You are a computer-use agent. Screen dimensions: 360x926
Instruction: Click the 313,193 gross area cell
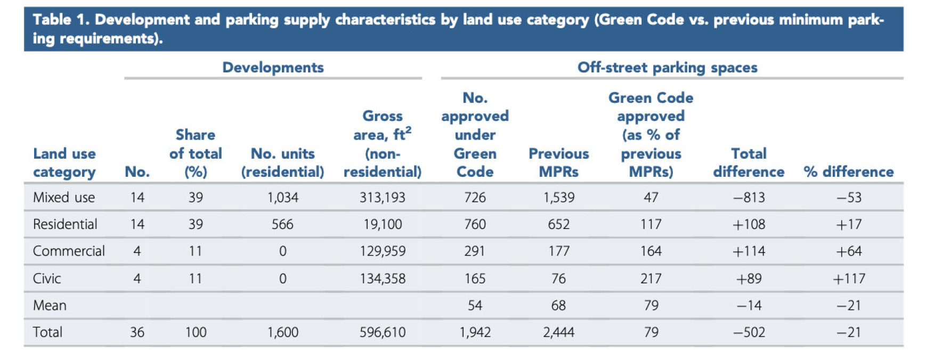(x=382, y=198)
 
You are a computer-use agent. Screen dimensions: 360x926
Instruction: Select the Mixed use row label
(x=64, y=198)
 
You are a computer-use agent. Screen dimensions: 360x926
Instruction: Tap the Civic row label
(x=47, y=279)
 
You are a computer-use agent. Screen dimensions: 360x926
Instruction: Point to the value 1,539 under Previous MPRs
(x=558, y=198)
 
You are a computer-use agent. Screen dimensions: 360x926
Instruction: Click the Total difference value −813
(x=749, y=198)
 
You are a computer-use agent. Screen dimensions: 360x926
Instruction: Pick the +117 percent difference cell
(x=849, y=279)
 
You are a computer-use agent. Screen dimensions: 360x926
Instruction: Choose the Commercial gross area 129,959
(x=382, y=251)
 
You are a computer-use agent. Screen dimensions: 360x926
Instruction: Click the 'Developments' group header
(x=273, y=68)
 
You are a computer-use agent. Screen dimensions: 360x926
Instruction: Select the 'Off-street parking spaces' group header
(x=667, y=68)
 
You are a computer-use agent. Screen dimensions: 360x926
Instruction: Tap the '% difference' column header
(x=849, y=171)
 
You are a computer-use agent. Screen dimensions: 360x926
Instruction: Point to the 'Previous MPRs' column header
(x=558, y=162)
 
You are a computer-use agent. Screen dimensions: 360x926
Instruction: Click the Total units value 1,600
(x=282, y=332)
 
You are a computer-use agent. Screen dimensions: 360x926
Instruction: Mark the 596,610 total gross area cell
(x=382, y=332)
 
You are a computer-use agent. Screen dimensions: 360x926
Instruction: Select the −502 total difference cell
(x=749, y=332)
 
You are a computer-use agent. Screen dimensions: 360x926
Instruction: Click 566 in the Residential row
(x=282, y=224)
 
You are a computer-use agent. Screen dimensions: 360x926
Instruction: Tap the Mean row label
(x=50, y=306)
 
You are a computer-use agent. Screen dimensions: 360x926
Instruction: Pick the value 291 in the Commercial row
(x=474, y=251)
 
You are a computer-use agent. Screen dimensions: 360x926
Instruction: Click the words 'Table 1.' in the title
(x=61, y=20)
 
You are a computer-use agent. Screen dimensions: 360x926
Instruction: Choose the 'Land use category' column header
(x=64, y=162)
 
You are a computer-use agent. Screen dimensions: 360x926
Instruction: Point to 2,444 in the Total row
(x=558, y=332)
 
